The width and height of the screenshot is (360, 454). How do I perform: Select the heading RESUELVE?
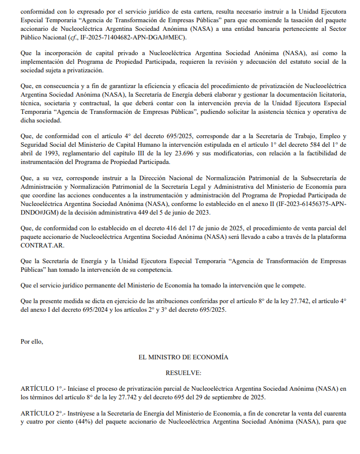click(183, 373)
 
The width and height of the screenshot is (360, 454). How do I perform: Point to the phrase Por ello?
click(32, 341)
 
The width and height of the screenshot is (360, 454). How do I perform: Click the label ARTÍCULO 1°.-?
click(40, 388)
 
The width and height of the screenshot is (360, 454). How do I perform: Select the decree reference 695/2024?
click(89, 310)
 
